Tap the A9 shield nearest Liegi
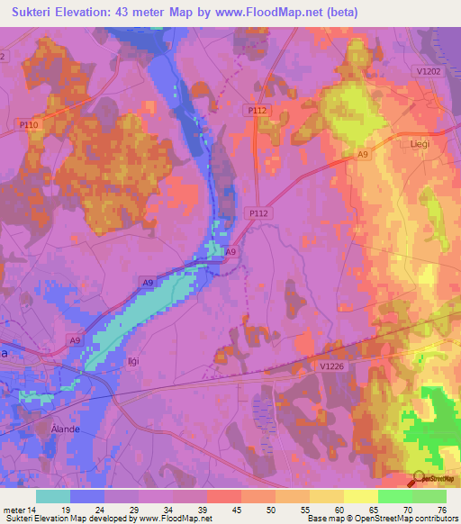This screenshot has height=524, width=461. click(x=362, y=156)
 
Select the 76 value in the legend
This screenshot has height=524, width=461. click(x=441, y=509)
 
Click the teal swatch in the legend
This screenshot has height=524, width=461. click(x=52, y=496)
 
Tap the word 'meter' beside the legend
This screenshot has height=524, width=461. click(x=14, y=509)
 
